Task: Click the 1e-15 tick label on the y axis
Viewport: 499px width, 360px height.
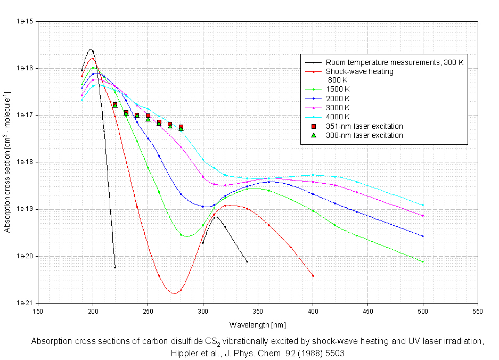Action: pos(25,22)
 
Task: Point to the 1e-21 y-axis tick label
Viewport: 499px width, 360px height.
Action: pos(25,303)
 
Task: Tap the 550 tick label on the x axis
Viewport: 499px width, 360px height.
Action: pos(478,311)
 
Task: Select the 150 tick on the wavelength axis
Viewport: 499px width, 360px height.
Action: pos(38,311)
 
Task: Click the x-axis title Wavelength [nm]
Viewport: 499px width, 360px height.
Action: pos(258,324)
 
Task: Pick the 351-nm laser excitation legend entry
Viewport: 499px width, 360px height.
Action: pos(364,126)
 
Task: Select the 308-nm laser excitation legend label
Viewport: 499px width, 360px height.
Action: pos(364,135)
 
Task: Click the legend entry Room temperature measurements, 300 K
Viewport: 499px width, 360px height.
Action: pos(395,62)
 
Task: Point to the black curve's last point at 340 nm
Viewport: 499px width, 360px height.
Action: pos(247,261)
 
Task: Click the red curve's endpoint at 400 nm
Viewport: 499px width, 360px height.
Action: pos(313,275)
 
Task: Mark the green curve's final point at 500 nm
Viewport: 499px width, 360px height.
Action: pos(423,262)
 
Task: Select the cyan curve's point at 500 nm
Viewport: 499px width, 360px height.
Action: pos(423,205)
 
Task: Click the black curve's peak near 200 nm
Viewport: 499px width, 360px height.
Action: pos(92,51)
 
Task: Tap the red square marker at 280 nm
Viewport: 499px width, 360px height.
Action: pos(181,127)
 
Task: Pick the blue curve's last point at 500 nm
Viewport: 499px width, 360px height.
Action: pos(423,236)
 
